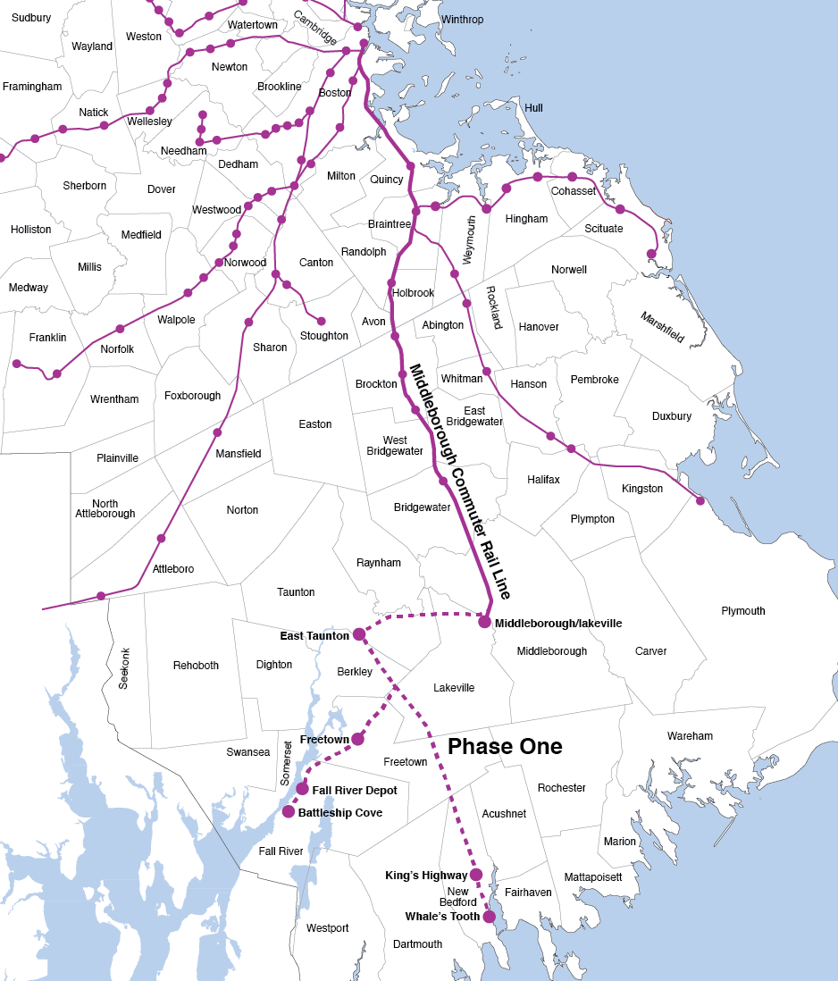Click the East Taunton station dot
358,634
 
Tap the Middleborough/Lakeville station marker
484,622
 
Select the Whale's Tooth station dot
489,917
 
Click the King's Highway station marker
476,875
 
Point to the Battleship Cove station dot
289,811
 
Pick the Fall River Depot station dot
303,789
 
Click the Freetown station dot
357,739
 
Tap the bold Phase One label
505,747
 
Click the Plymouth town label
743,611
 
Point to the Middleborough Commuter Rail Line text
458,482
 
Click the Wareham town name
690,736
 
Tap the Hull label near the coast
533,108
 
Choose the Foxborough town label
192,396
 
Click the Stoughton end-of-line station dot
322,321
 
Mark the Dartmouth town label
417,944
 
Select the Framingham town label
32,87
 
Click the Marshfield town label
662,328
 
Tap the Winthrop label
462,20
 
